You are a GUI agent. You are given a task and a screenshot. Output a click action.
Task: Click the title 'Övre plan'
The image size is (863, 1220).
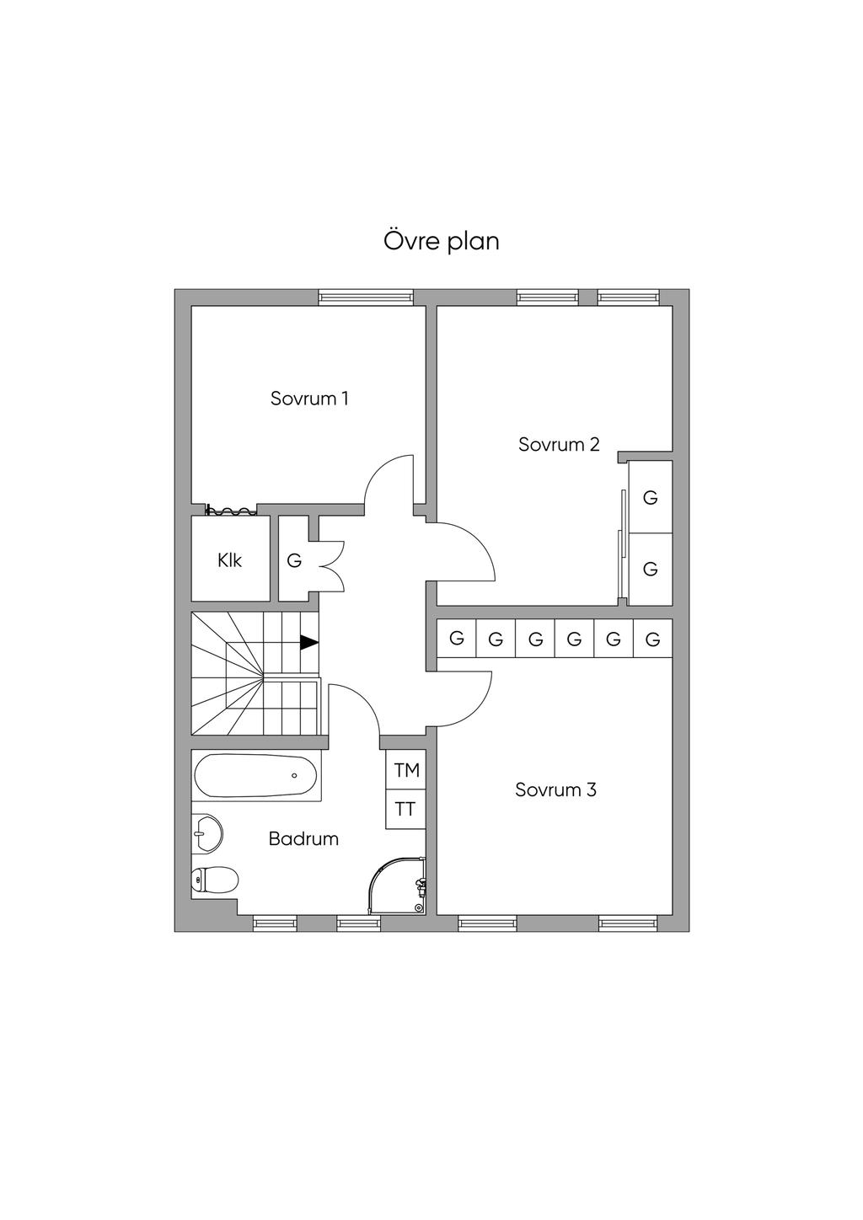tap(442, 241)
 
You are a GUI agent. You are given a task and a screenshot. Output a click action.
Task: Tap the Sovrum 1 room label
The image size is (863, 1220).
tap(309, 399)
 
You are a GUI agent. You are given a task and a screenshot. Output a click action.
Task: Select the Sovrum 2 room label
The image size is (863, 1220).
tap(559, 445)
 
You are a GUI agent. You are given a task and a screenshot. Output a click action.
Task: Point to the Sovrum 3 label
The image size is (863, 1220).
tap(555, 790)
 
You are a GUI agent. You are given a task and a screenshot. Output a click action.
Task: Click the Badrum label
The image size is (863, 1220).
tap(303, 839)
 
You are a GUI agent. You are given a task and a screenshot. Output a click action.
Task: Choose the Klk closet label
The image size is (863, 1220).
tap(229, 560)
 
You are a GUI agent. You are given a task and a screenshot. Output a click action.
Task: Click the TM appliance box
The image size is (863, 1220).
tap(406, 770)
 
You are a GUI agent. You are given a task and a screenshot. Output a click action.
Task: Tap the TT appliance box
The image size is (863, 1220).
tap(405, 810)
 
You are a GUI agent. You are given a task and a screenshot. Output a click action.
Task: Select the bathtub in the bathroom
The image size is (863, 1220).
tap(256, 775)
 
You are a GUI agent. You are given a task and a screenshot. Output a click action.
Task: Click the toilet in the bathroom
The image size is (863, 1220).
tap(215, 879)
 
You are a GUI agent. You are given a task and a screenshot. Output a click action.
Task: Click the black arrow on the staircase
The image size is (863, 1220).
tap(309, 642)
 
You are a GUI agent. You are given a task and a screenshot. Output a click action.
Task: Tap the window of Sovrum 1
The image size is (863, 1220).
tap(366, 297)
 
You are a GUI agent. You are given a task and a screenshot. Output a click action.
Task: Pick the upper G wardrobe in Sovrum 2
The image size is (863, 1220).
tap(651, 498)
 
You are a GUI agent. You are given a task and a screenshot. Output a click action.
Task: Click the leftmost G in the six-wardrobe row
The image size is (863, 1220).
tap(457, 639)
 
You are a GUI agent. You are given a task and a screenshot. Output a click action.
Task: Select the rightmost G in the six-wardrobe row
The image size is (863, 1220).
tap(652, 639)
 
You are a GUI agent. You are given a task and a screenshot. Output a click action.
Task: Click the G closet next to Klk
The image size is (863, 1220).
tap(294, 560)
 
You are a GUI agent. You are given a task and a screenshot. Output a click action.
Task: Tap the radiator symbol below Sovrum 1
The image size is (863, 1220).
tap(229, 510)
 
